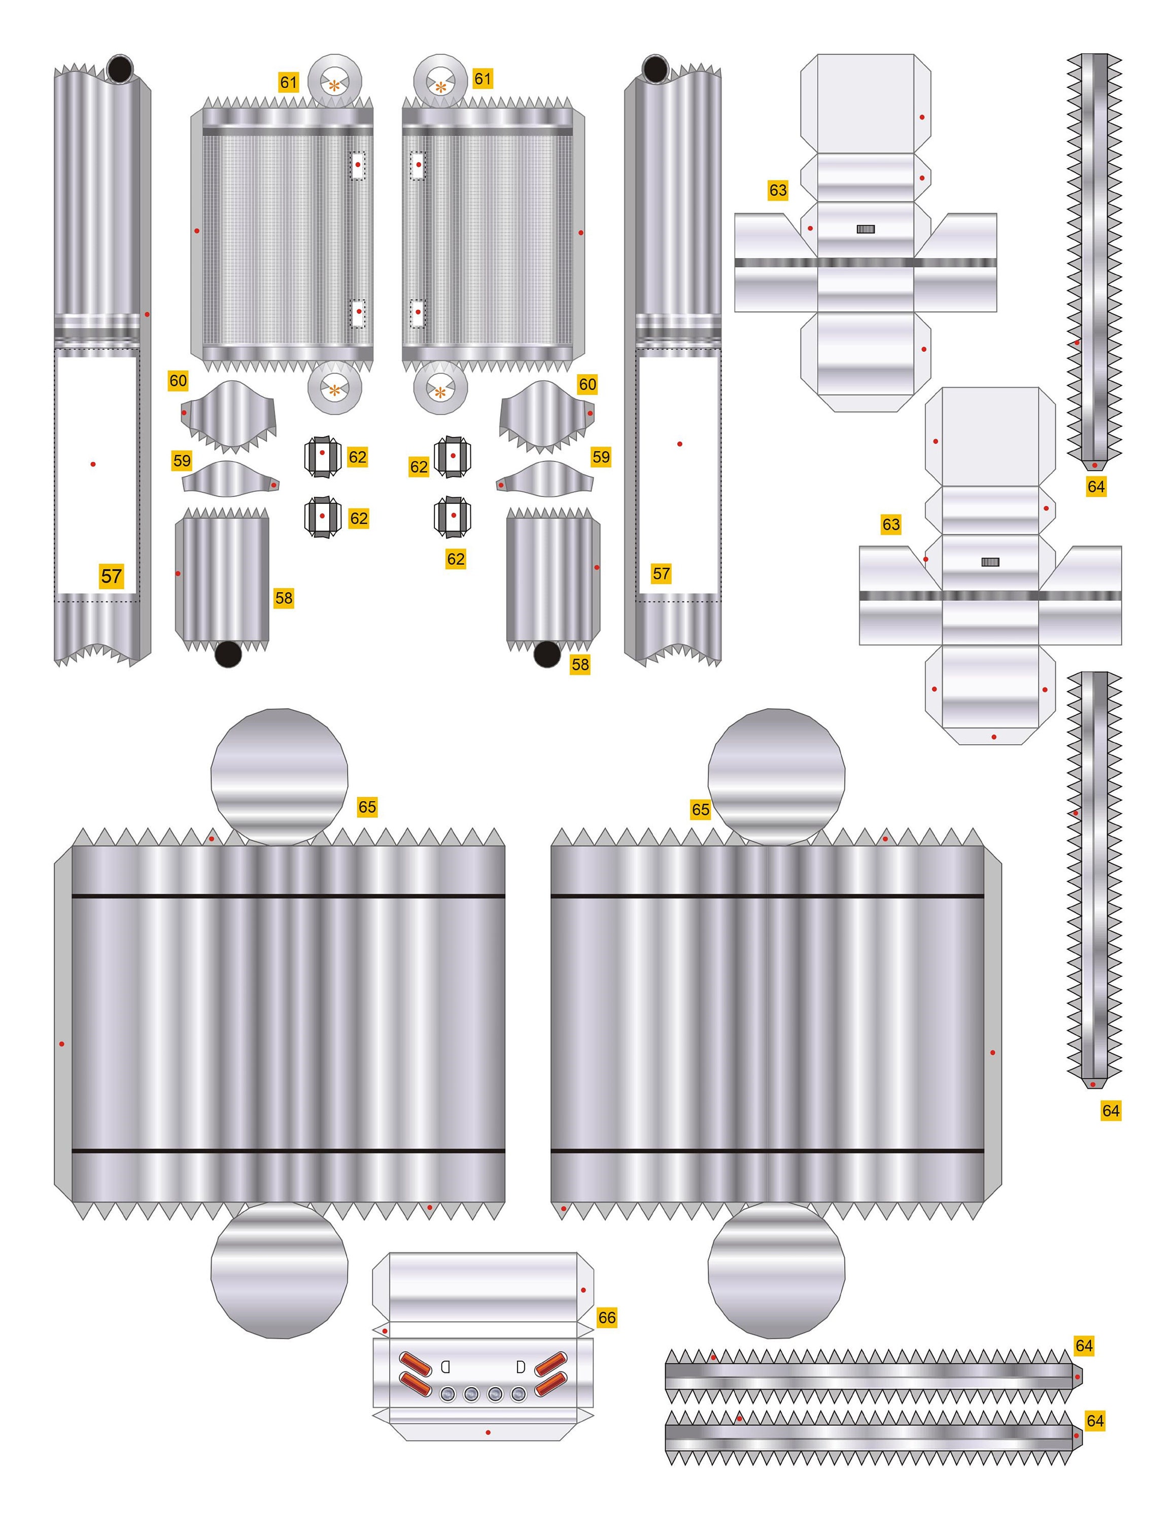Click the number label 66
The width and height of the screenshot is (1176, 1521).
click(607, 1317)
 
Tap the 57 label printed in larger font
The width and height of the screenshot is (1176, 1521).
click(112, 576)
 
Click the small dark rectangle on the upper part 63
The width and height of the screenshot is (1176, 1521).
click(866, 229)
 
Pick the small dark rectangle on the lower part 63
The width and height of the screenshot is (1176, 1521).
click(990, 562)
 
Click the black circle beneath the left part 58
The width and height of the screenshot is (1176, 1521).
click(227, 654)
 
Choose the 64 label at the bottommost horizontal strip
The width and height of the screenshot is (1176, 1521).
click(1094, 1420)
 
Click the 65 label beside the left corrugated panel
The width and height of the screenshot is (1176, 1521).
click(367, 807)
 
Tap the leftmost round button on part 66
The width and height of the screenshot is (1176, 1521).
click(448, 1394)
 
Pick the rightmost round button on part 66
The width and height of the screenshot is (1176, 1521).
click(518, 1394)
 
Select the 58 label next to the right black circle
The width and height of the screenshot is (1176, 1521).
click(580, 664)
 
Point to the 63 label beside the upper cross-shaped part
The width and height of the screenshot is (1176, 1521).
click(778, 190)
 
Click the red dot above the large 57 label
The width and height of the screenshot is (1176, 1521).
click(93, 464)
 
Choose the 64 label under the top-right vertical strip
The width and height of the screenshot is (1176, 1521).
click(1096, 486)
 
